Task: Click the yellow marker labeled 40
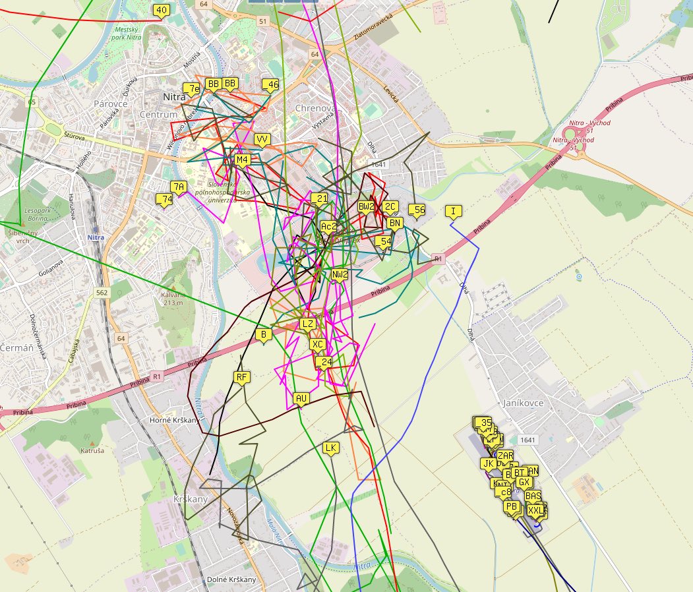[x=161, y=10]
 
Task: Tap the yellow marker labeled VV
[x=262, y=140]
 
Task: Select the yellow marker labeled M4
[x=242, y=160]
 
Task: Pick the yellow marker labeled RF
[x=242, y=378]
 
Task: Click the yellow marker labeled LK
[x=331, y=448]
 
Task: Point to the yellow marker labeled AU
[x=301, y=399]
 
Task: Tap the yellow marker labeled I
[x=453, y=212]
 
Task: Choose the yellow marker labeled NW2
[x=340, y=275]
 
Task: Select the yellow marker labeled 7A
[x=178, y=187]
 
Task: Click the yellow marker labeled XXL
[x=536, y=510]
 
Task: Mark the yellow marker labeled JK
[x=488, y=463]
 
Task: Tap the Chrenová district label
[x=316, y=108]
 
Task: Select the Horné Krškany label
[x=175, y=420]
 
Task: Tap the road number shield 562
[x=102, y=292]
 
